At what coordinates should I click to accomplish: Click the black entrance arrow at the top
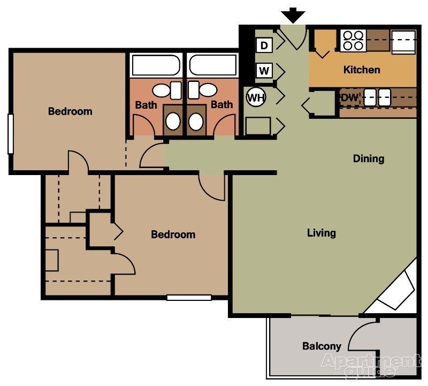click(294, 16)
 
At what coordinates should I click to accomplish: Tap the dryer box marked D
click(264, 45)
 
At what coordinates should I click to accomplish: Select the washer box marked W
click(264, 70)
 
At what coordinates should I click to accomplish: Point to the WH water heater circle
click(255, 97)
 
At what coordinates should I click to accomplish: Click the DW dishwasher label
click(349, 97)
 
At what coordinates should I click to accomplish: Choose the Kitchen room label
click(362, 70)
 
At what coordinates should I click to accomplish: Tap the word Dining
click(368, 158)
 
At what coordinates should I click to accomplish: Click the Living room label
click(321, 233)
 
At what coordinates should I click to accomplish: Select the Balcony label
click(322, 346)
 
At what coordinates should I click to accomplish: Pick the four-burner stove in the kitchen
click(353, 40)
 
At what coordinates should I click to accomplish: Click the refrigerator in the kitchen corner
click(404, 41)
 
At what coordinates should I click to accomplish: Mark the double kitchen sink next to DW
click(377, 97)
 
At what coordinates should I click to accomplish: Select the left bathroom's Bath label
click(146, 105)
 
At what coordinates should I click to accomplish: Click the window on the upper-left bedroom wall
click(10, 134)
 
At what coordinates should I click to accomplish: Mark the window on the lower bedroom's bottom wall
click(189, 298)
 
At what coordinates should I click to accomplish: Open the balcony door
click(364, 335)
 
